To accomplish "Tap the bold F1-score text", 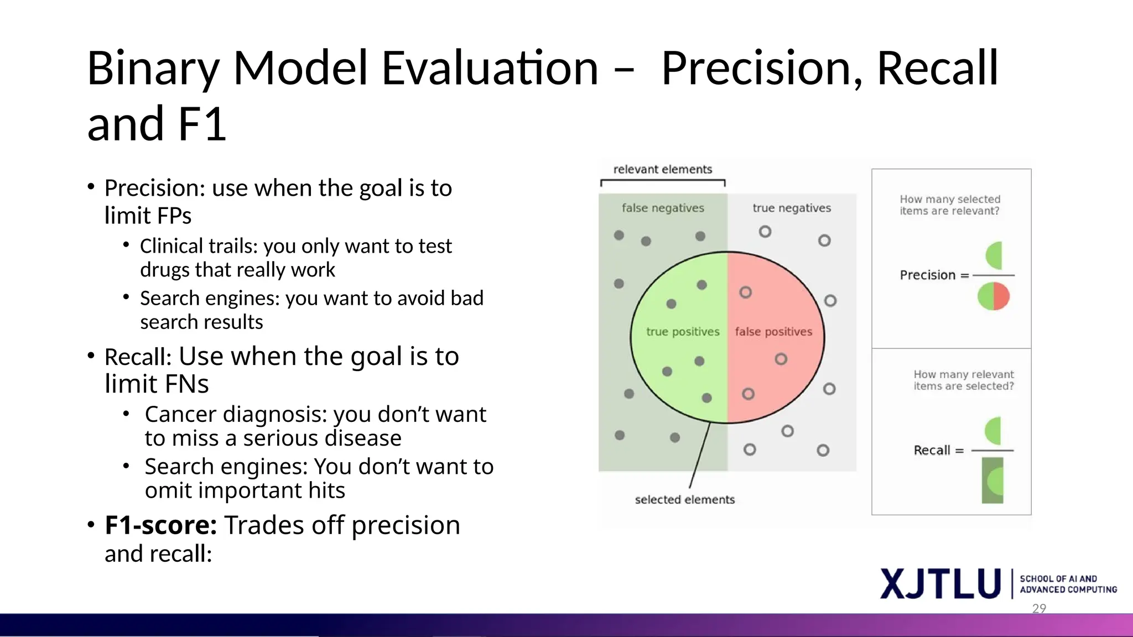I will pyautogui.click(x=160, y=525).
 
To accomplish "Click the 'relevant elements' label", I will pyautogui.click(x=662, y=169).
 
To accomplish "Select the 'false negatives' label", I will pyautogui.click(x=663, y=208).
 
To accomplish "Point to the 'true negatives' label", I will pyautogui.click(x=791, y=208).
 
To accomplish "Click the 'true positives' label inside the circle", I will pyautogui.click(x=683, y=332).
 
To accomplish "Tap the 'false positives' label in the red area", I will pyautogui.click(x=773, y=332).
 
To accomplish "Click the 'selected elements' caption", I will pyautogui.click(x=684, y=500).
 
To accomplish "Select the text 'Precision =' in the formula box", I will pyautogui.click(x=934, y=275).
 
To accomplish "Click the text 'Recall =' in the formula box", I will pyautogui.click(x=938, y=451).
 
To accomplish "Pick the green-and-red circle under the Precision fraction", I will pyautogui.click(x=994, y=296).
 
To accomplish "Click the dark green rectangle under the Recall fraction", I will pyautogui.click(x=992, y=481).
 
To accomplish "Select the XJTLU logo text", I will pyautogui.click(x=940, y=584).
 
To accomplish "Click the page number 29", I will pyautogui.click(x=1039, y=608).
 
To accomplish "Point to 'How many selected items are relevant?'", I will pyautogui.click(x=949, y=205).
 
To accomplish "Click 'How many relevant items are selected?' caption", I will pyautogui.click(x=963, y=380).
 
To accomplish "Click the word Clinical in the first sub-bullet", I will pyautogui.click(x=171, y=246).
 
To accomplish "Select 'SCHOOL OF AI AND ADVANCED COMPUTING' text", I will pyautogui.click(x=1068, y=584).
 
